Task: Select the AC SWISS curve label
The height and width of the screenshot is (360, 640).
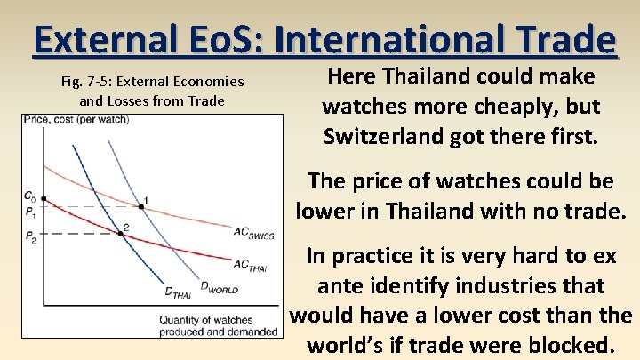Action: pos(253,233)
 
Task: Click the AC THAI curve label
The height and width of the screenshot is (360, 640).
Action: pos(251,264)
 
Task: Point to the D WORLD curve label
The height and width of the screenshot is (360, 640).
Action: pos(218,286)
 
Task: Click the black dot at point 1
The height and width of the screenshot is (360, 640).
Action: pos(140,208)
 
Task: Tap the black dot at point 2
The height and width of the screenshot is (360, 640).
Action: pos(121,234)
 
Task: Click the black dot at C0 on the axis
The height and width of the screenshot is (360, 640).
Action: pos(44,198)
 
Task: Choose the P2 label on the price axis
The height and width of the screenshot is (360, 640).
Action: pos(30,237)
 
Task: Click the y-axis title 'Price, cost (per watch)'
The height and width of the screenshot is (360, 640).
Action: pos(76,119)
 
